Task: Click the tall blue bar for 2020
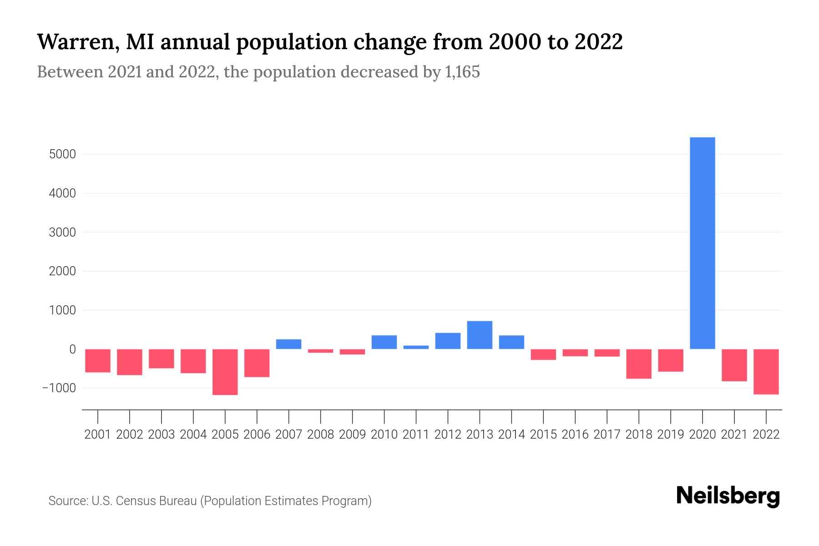tap(702, 243)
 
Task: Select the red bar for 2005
tap(225, 372)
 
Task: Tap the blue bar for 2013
tap(480, 335)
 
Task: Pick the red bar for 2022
tap(766, 371)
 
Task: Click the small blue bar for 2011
tap(416, 347)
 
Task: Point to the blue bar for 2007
tap(288, 344)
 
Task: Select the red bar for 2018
tap(638, 364)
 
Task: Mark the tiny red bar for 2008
tap(320, 351)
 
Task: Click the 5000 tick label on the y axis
tap(62, 154)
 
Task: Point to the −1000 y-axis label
tap(59, 388)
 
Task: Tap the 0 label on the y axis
tap(72, 349)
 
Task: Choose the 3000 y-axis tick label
tap(62, 233)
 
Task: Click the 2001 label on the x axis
tap(98, 435)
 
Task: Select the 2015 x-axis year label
tap(543, 435)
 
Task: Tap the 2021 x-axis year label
tap(734, 435)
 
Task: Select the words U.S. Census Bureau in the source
tap(144, 501)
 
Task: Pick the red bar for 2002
tap(130, 362)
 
